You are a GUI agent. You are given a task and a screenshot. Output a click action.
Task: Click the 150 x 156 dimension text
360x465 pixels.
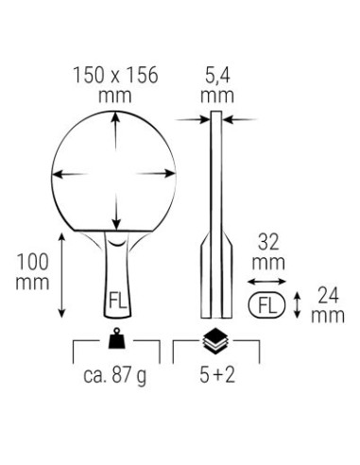click(x=115, y=76)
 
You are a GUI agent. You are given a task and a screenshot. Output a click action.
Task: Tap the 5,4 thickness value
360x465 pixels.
click(x=217, y=76)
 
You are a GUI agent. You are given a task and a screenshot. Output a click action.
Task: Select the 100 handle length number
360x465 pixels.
click(x=32, y=262)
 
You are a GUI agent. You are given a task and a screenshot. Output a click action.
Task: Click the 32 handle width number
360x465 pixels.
click(x=268, y=243)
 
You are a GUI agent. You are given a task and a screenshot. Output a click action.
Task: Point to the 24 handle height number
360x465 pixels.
click(x=328, y=296)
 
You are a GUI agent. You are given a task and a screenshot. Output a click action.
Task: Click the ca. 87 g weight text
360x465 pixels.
click(x=115, y=375)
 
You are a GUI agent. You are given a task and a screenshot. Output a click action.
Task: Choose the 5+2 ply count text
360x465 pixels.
click(x=217, y=375)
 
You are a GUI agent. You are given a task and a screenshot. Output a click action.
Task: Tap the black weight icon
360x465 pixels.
click(x=117, y=338)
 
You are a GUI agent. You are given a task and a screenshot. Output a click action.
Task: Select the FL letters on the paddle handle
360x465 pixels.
click(x=117, y=301)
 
